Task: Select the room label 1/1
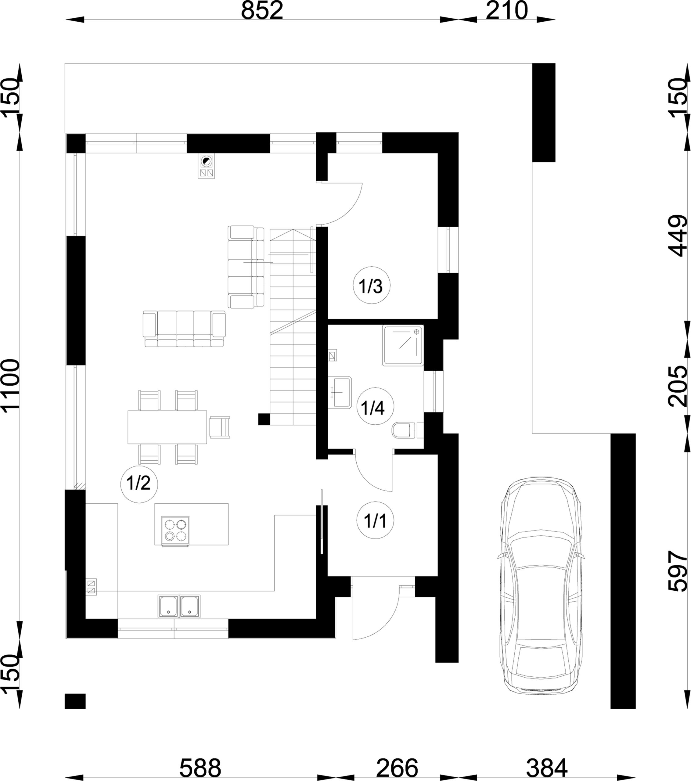375,520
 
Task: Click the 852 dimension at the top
262,11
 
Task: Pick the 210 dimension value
507,11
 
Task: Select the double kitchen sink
179,606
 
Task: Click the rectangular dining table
167,427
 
